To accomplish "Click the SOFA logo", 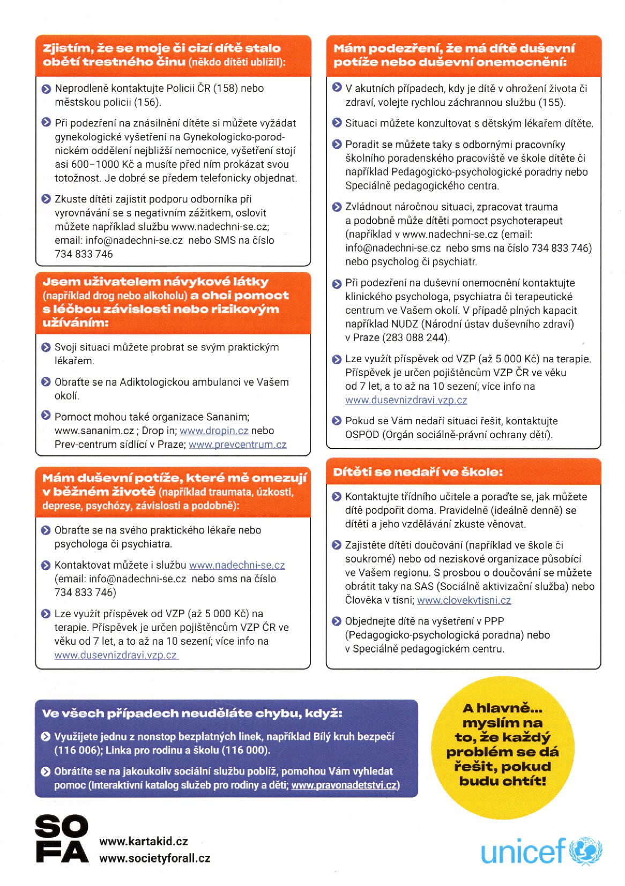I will point(62,839).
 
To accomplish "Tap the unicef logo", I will point(541,850).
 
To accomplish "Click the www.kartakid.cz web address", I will point(144,841).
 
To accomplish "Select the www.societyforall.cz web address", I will point(155,858).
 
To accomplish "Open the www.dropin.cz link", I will point(214,431).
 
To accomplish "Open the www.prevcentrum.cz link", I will point(237,445).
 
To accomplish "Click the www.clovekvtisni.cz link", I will point(464,600).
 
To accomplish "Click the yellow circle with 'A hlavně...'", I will point(502,745).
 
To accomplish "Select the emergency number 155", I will point(552,102).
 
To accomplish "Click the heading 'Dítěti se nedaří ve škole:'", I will point(418,472).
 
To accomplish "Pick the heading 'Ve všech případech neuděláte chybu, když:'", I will point(192,714).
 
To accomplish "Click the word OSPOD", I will point(362,435).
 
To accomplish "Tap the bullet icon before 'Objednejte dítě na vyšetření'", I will point(337,621).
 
